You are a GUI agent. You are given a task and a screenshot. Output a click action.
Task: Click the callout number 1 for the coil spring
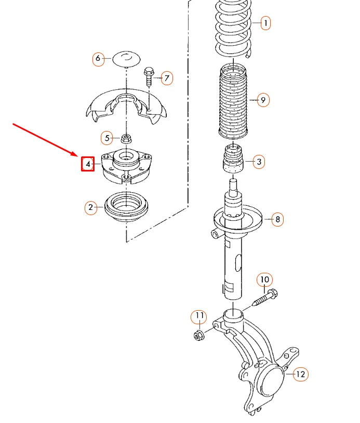(x=265, y=23)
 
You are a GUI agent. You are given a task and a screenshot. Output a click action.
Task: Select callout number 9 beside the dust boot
(x=263, y=100)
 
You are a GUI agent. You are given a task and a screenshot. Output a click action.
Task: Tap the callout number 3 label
(x=259, y=162)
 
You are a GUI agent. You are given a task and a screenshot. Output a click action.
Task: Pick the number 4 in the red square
(x=88, y=164)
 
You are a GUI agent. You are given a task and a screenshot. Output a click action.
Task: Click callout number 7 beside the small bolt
(x=166, y=78)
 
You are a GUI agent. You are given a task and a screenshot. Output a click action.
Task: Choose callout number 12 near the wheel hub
(x=300, y=374)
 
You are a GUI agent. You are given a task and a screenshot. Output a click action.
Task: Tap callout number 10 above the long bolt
(x=264, y=280)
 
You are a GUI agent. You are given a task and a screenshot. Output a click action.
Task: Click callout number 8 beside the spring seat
(x=277, y=219)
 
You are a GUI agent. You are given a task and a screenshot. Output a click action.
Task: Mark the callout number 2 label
(x=90, y=208)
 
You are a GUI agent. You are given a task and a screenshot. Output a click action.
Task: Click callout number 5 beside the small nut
(x=107, y=138)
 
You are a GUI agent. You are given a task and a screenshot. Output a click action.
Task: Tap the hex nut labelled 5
(x=125, y=138)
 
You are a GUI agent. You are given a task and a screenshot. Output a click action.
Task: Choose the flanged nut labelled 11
(x=198, y=335)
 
